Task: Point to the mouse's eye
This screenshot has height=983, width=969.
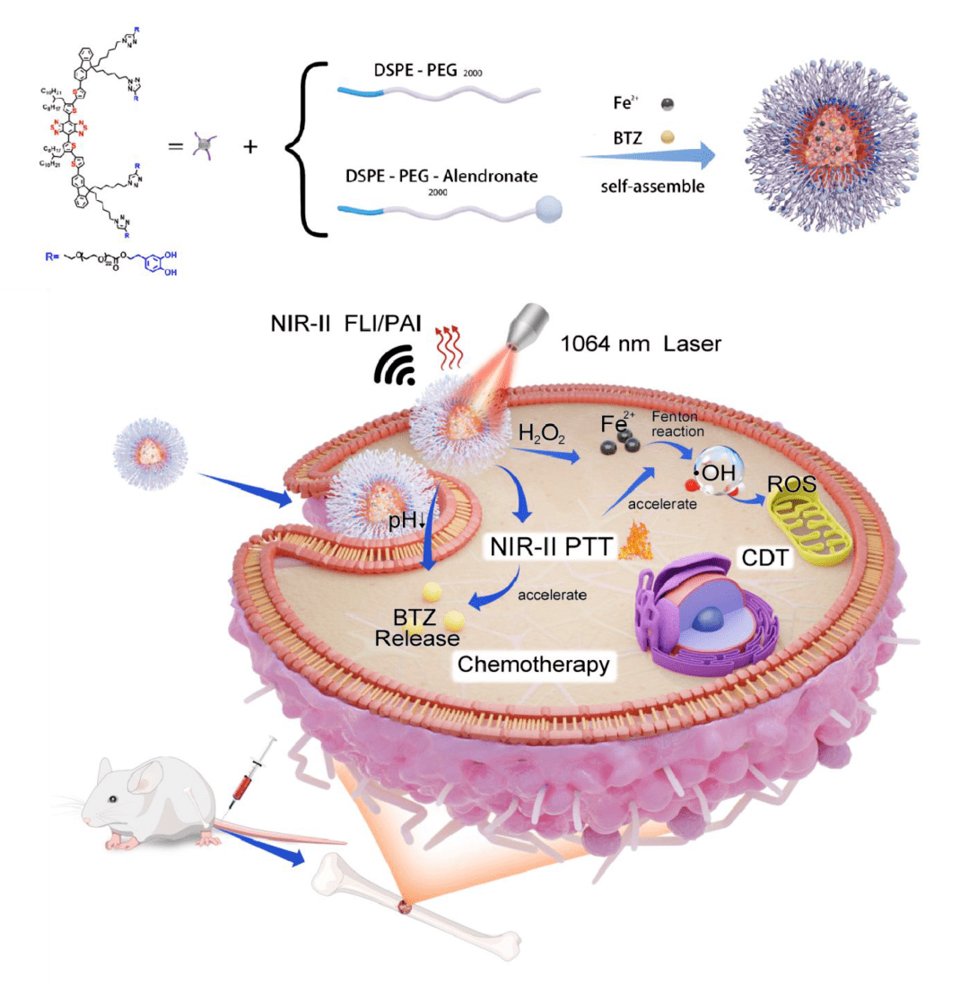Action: click(113, 799)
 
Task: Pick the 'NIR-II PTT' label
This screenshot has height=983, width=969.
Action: click(545, 546)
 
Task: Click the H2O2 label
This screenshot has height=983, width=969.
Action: click(541, 433)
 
